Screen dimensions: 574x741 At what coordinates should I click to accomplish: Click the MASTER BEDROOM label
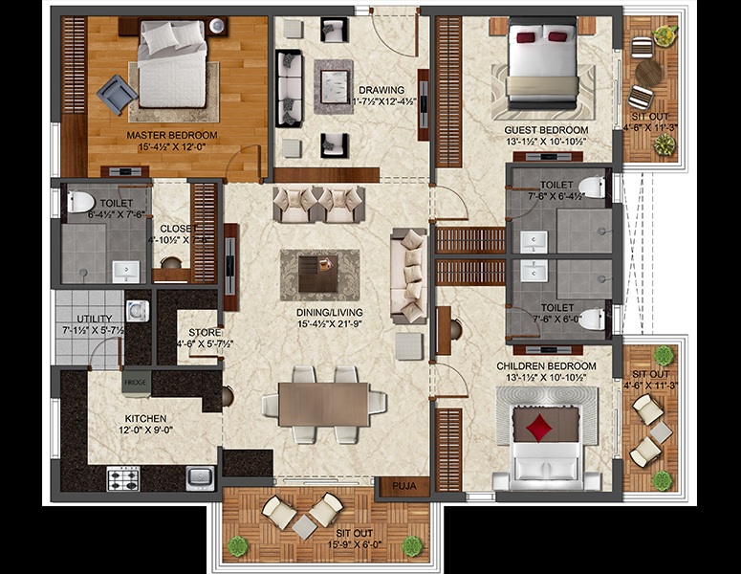coord(172,135)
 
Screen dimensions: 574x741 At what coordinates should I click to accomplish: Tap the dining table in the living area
coord(323,404)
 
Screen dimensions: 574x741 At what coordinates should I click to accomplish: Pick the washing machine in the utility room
coord(137,310)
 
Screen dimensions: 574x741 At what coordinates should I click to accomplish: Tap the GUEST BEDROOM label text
coord(546,129)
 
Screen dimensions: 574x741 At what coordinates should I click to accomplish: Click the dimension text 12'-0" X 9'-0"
coord(145,430)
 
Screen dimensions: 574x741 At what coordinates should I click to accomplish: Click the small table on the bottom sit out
coord(304,525)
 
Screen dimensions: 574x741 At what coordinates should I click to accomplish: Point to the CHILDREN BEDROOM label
coord(546,365)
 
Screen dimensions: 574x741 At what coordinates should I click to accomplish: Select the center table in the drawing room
coord(335,73)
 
